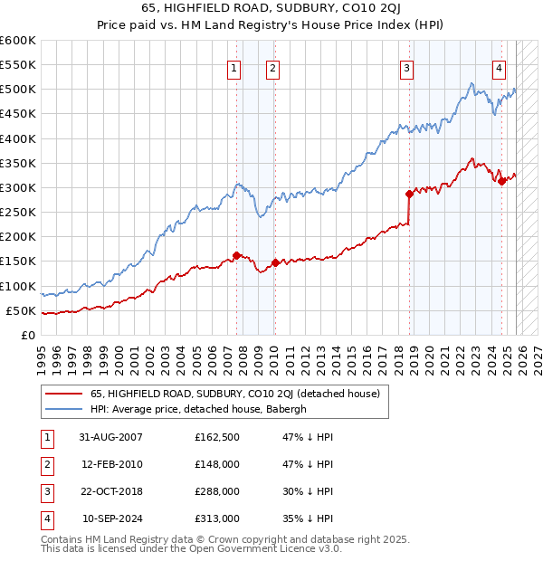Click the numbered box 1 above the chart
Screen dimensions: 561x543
click(234, 67)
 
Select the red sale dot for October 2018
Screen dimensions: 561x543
click(409, 194)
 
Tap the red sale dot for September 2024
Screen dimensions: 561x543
click(501, 181)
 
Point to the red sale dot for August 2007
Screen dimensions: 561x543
click(237, 255)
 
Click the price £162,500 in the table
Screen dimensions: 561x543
click(217, 436)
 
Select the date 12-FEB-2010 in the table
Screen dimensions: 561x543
click(112, 464)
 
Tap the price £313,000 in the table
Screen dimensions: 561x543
click(217, 518)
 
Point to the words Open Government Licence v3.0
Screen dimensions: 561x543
click(259, 548)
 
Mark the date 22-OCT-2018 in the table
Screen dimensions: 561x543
click(112, 491)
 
